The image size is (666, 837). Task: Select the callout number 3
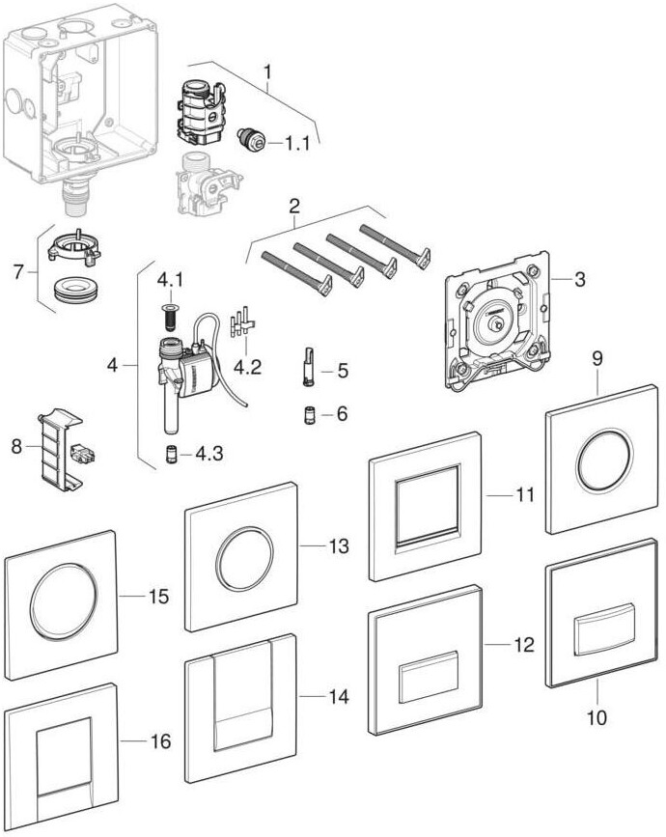[579, 280]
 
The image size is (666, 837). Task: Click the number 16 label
[161, 741]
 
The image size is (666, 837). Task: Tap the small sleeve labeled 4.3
[169, 454]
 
